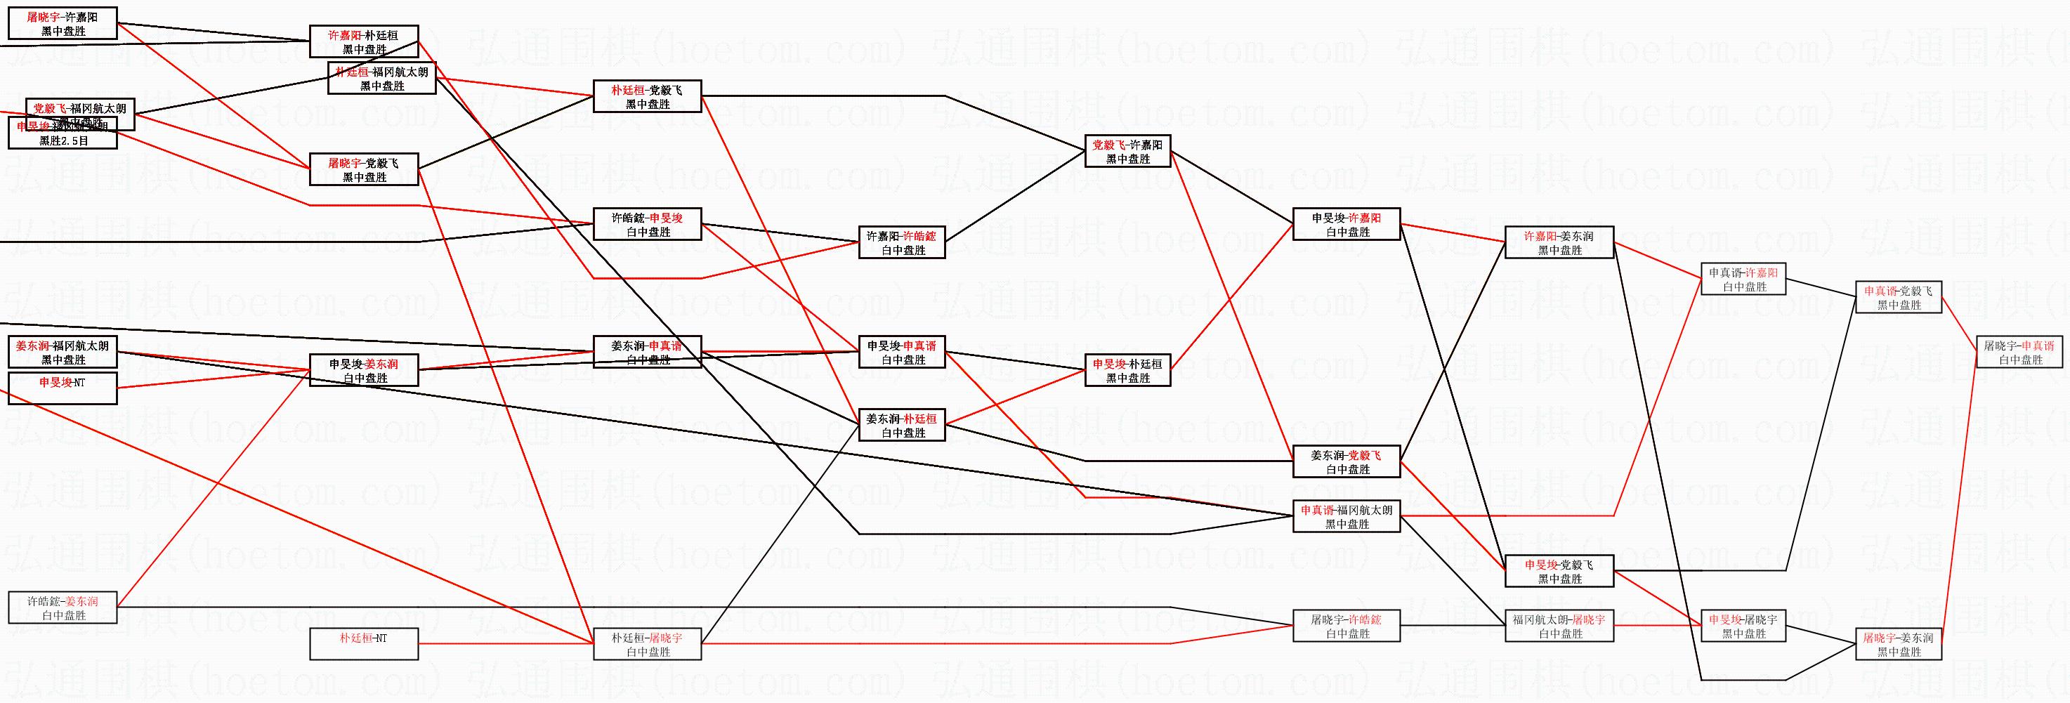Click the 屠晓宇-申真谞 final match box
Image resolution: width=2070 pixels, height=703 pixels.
(2019, 353)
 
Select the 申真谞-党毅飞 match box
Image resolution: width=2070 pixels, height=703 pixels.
(1898, 297)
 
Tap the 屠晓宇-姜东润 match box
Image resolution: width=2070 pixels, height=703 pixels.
(1898, 644)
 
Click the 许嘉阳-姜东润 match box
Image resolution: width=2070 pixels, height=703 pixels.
(1559, 242)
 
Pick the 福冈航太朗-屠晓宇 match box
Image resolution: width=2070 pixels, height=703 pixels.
(1559, 626)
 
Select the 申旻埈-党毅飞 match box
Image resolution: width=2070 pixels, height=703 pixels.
(1559, 571)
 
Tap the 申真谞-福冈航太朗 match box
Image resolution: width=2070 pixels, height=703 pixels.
(1347, 517)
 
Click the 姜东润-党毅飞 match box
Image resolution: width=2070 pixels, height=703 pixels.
(1347, 462)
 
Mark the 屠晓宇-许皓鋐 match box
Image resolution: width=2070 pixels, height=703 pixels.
(1347, 626)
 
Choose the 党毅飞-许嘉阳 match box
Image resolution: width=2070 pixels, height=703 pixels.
(1128, 151)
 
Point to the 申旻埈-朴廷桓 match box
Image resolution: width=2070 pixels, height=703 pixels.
(1128, 370)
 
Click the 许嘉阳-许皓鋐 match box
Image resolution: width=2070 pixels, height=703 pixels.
(903, 242)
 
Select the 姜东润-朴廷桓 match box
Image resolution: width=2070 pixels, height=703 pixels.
(903, 425)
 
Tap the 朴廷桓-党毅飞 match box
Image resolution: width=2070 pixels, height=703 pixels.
(648, 96)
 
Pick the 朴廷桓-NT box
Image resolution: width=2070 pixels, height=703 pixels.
(364, 643)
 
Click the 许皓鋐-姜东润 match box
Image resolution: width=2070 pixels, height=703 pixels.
(63, 607)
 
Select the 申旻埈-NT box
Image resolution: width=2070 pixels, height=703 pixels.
(63, 388)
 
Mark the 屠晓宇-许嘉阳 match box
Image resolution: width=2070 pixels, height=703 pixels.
(63, 23)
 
